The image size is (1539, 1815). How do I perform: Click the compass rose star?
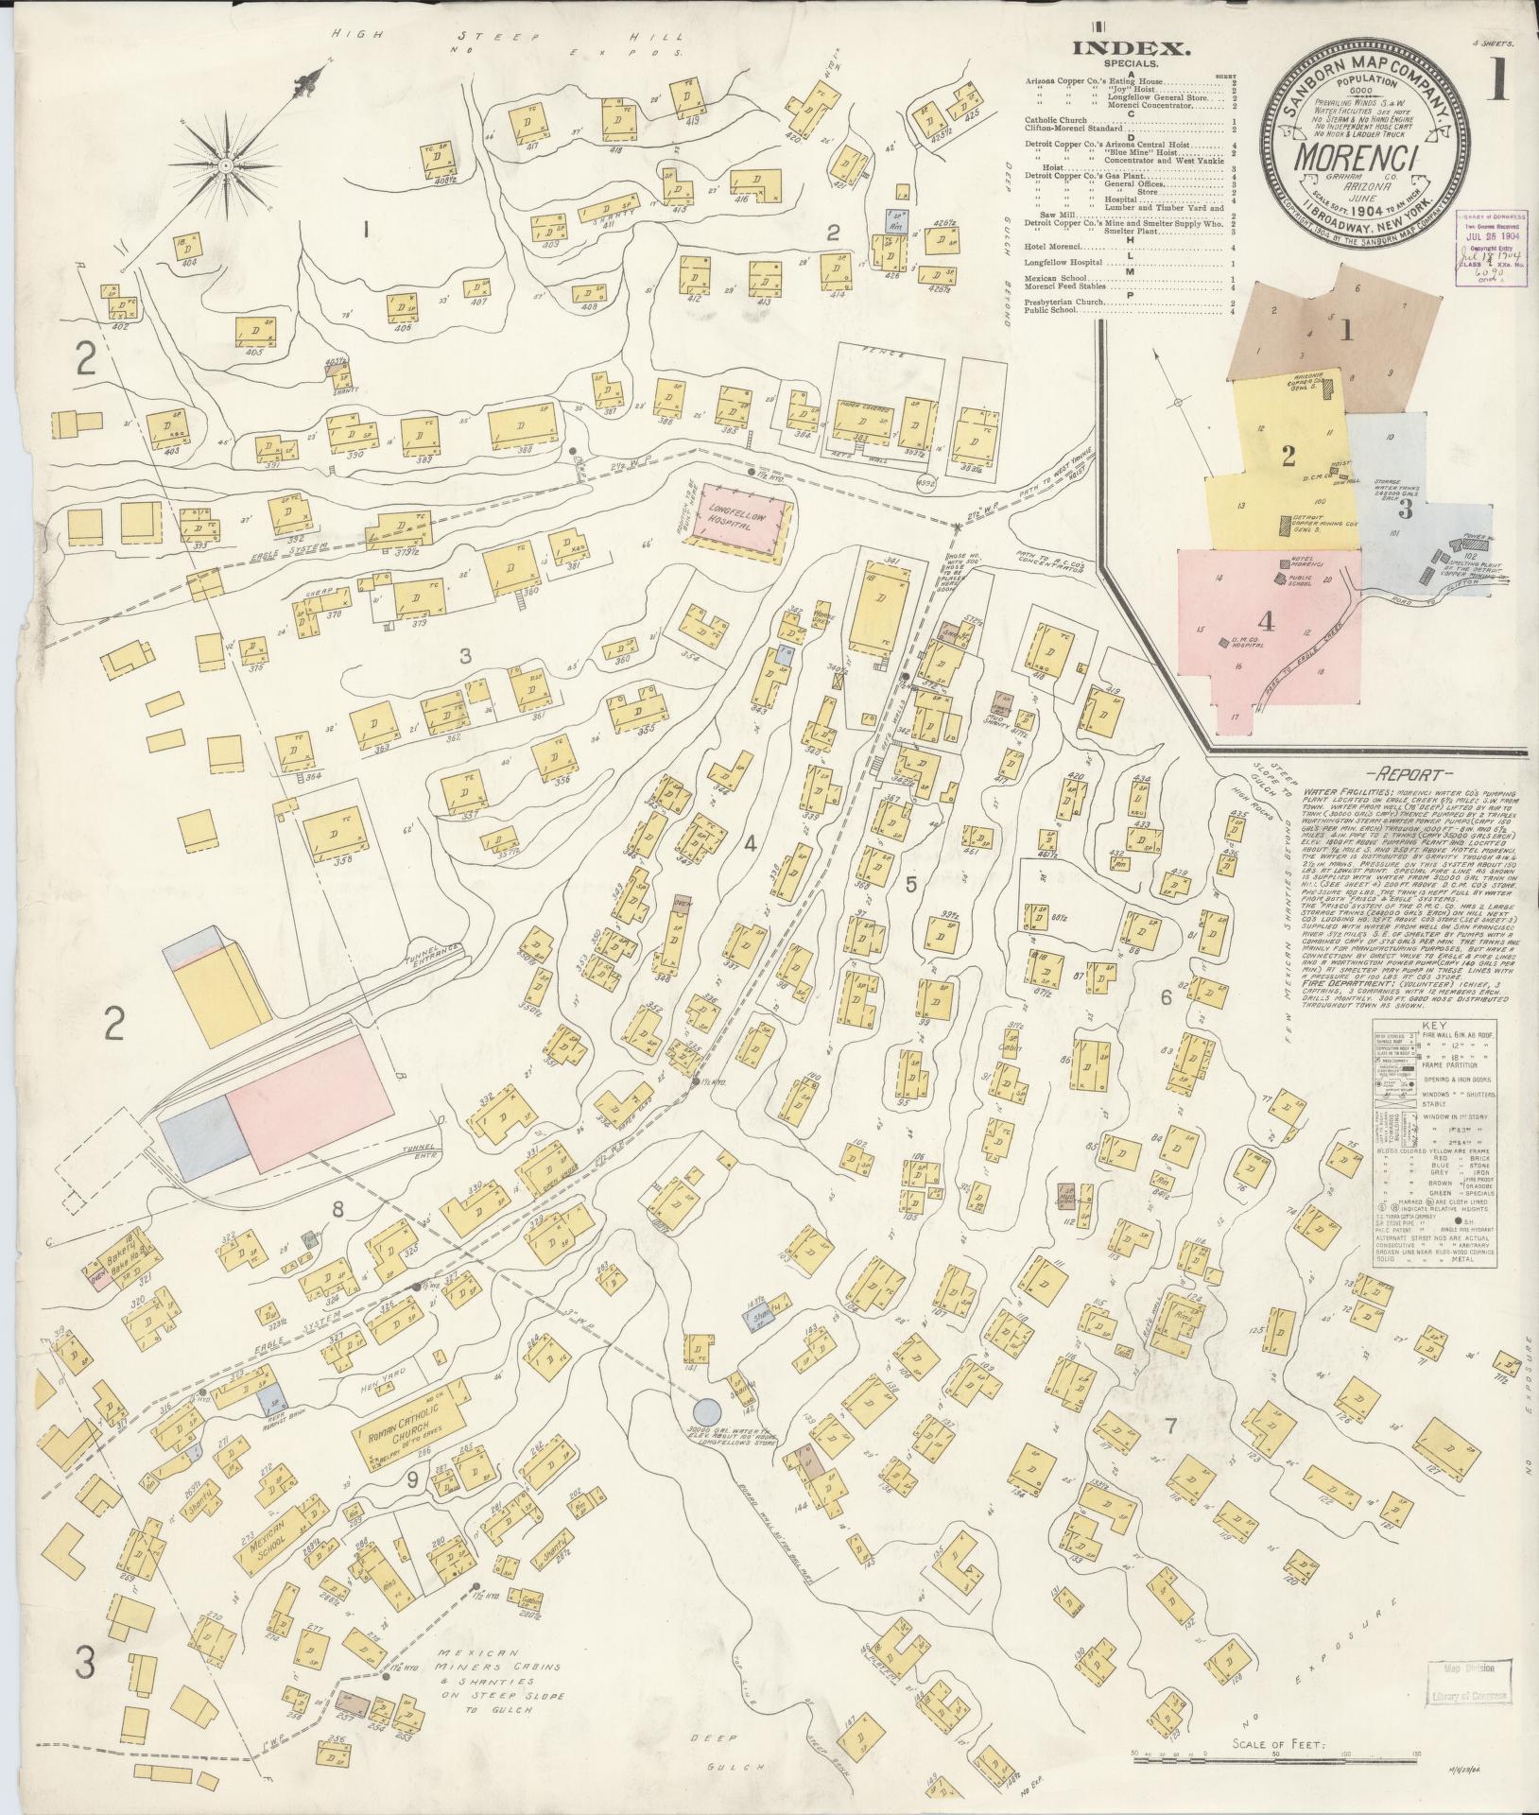point(226,166)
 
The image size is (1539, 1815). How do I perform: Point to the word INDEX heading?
point(1120,51)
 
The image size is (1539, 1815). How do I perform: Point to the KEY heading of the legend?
point(1428,1026)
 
